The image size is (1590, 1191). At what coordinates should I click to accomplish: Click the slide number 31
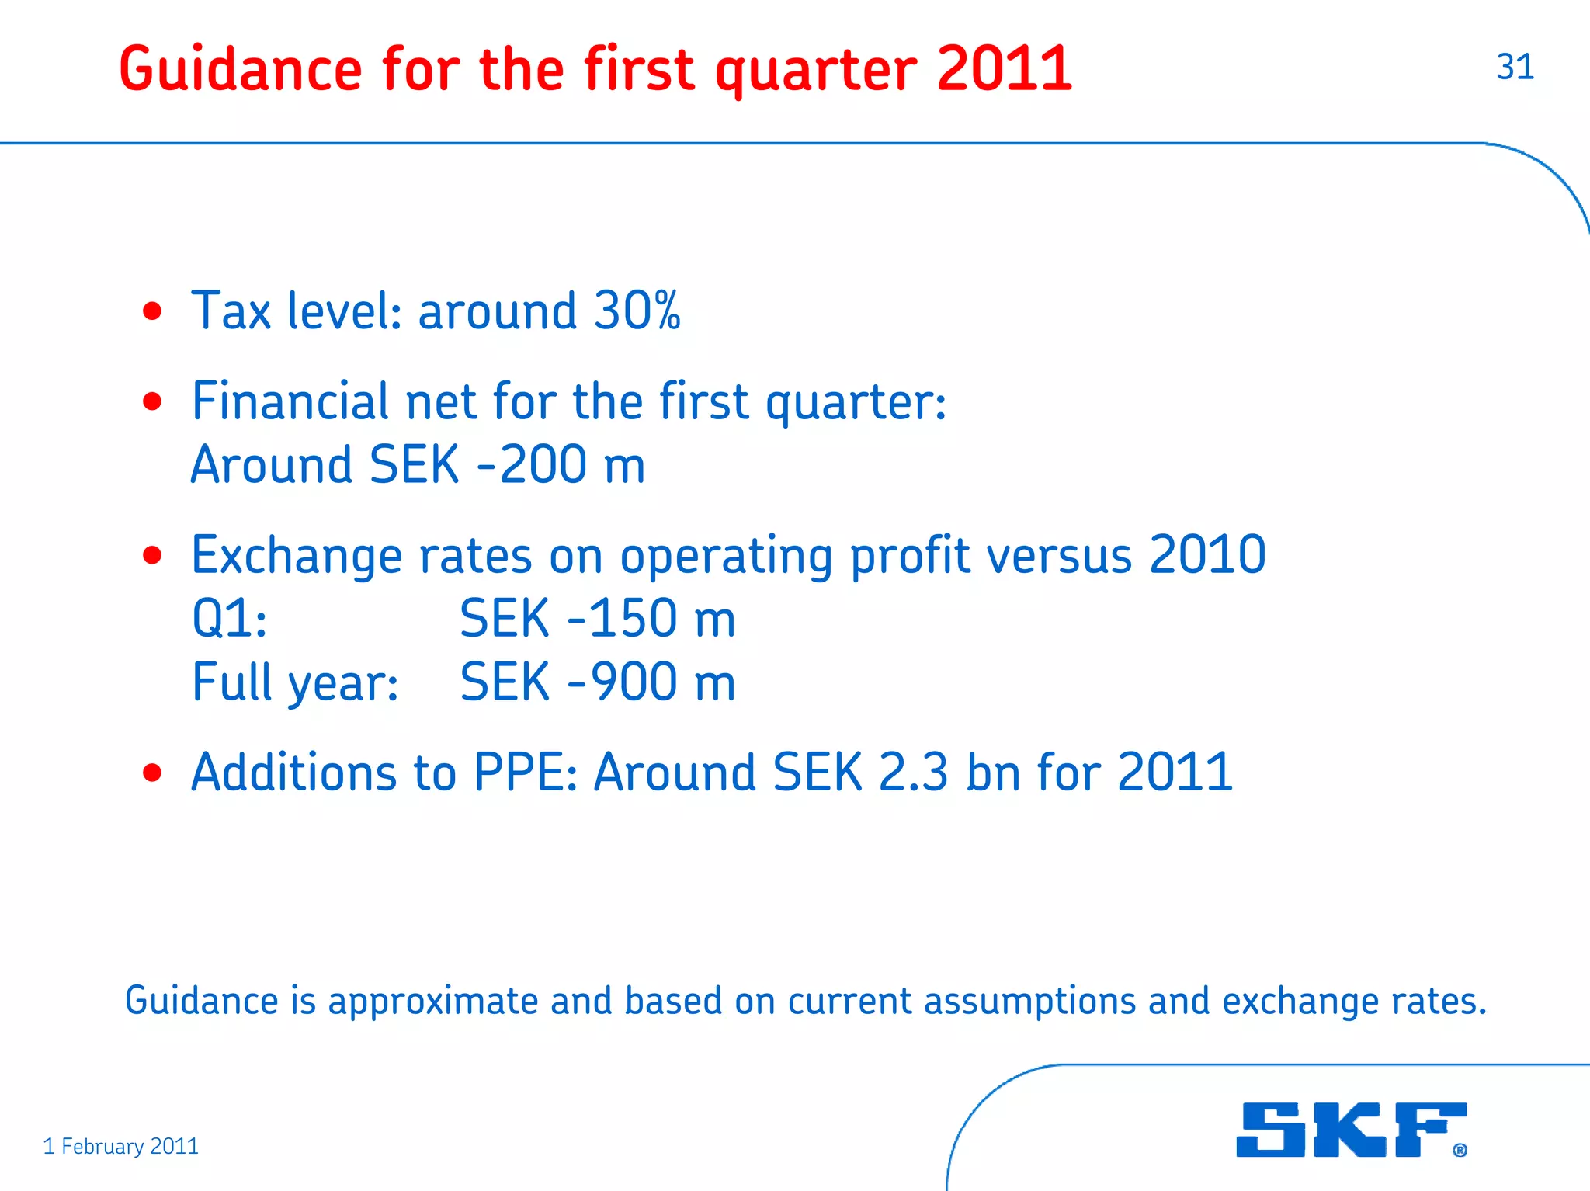tap(1515, 68)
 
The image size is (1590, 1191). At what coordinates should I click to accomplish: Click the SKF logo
tap(1351, 1130)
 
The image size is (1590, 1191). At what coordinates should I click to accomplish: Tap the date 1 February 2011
tap(121, 1146)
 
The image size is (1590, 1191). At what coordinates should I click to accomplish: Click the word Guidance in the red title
tap(241, 70)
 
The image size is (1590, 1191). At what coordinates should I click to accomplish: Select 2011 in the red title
tap(1005, 70)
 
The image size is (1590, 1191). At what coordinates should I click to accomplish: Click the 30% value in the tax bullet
tap(637, 311)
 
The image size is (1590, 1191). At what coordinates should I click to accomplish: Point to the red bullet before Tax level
tap(152, 311)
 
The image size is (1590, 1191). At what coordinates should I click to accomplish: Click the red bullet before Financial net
tap(152, 401)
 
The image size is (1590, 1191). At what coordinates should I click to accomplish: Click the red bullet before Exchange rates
tap(152, 555)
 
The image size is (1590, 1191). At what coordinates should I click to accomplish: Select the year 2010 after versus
tap(1207, 555)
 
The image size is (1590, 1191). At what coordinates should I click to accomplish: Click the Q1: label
tap(230, 620)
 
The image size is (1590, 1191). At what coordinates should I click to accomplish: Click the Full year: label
tap(295, 683)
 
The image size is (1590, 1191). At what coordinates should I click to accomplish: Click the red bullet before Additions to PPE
tap(152, 773)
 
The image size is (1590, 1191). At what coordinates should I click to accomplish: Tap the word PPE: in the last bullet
tap(526, 773)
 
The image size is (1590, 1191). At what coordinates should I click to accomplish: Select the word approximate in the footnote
tap(433, 1001)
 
